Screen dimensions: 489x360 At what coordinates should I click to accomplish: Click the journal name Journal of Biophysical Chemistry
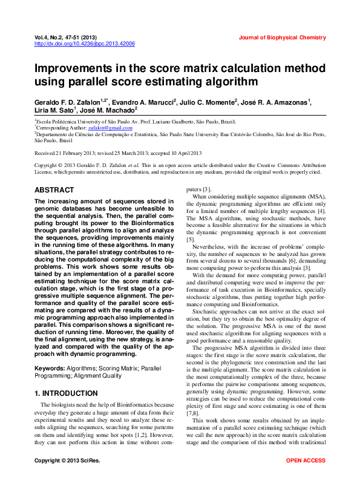point(282,38)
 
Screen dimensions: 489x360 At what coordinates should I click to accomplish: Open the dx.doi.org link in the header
point(84,44)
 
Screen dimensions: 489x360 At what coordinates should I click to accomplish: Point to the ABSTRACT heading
point(54,189)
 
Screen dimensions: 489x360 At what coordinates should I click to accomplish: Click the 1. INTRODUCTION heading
point(66,393)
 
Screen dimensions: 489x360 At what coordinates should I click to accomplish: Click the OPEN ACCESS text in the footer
point(306,461)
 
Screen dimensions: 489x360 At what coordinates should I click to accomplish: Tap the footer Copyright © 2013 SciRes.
point(67,461)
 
